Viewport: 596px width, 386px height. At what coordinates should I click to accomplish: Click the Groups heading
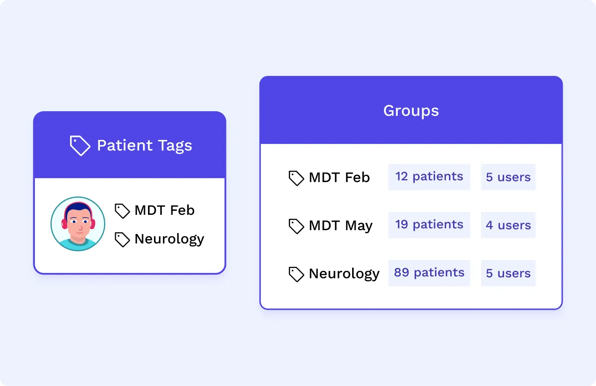coord(411,110)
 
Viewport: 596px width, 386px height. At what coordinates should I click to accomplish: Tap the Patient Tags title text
coord(145,145)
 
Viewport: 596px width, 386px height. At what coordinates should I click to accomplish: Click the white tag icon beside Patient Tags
coord(79,145)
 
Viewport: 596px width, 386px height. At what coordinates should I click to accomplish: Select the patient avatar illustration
coord(78,224)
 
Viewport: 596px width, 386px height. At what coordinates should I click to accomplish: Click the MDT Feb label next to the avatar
coord(164,210)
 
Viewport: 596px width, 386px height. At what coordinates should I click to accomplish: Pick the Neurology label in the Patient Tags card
coord(169,239)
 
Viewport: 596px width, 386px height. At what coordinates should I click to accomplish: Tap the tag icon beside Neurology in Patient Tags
coord(122,240)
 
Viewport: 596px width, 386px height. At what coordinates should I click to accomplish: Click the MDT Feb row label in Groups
coord(339,178)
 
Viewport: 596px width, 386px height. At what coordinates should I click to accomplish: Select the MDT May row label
coord(341,226)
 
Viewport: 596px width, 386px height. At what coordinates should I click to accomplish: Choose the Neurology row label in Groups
coord(344,273)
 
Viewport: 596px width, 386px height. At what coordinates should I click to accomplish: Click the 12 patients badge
coord(429,177)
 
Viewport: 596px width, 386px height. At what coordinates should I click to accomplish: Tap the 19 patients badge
coord(429,225)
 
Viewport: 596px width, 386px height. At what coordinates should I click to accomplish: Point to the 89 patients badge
coord(429,273)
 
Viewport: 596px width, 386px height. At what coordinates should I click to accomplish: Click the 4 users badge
coord(508,225)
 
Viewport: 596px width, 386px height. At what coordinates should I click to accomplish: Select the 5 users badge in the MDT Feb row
coord(508,177)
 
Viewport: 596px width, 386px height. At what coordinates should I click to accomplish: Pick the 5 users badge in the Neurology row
coord(508,273)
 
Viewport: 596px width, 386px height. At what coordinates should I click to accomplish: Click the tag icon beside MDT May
coord(296,226)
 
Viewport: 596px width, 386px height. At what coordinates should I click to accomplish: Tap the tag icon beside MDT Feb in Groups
coord(296,178)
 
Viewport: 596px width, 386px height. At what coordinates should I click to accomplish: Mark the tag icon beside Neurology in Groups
coord(296,274)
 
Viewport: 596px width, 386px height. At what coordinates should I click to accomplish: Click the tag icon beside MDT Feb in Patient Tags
coord(122,211)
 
